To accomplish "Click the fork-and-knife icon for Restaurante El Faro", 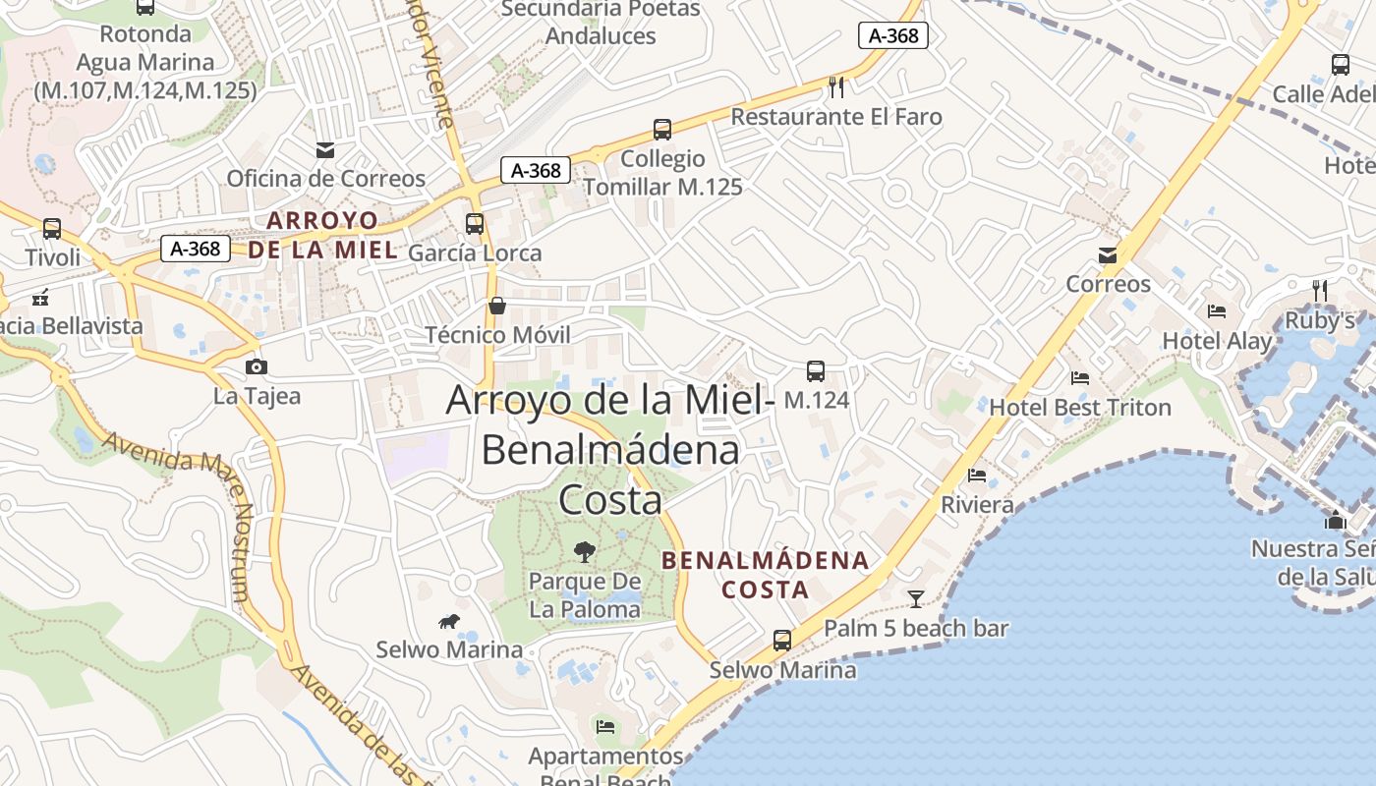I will [x=836, y=86].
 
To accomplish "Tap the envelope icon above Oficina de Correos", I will [x=325, y=150].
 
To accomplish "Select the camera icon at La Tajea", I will [x=257, y=366].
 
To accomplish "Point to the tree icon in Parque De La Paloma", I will [x=585, y=551].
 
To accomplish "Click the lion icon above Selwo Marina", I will [x=450, y=621].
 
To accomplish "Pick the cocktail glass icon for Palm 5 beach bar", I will [x=916, y=597].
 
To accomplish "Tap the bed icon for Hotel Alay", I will [x=1217, y=311].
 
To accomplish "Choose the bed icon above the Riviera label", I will [x=977, y=476].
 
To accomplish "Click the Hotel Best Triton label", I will [x=1080, y=407].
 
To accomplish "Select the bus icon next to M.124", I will [x=816, y=371].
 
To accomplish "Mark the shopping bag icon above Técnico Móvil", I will [x=497, y=306].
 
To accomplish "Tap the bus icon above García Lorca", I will [x=475, y=224].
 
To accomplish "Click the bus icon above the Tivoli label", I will [x=52, y=229].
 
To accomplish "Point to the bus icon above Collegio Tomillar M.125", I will [x=662, y=130].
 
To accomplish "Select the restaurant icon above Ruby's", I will [x=1320, y=291].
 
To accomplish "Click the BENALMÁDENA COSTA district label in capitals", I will [x=766, y=575].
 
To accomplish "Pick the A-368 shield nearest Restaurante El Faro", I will [x=893, y=35].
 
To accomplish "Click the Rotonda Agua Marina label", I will [x=145, y=62].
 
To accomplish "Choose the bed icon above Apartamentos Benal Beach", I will [x=605, y=727].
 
